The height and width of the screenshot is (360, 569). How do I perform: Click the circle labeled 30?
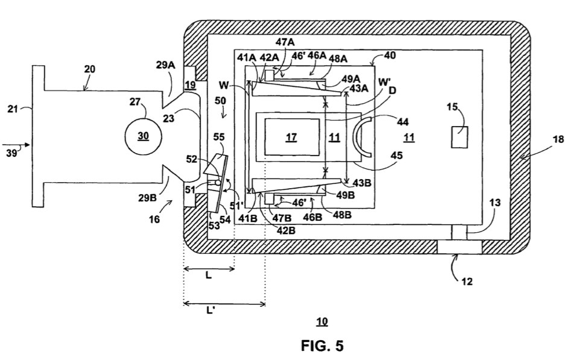(x=144, y=136)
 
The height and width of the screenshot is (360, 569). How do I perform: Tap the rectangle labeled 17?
(x=292, y=137)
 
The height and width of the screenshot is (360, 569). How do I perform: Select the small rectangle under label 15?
(x=459, y=137)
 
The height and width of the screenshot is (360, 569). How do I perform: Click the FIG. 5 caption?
(x=322, y=346)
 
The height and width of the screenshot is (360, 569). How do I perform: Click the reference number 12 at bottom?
(x=467, y=282)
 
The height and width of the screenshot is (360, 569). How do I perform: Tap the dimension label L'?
(x=211, y=311)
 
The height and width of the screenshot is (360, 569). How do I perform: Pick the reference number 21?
(x=13, y=109)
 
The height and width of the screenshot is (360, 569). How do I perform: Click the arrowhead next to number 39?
(x=27, y=145)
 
